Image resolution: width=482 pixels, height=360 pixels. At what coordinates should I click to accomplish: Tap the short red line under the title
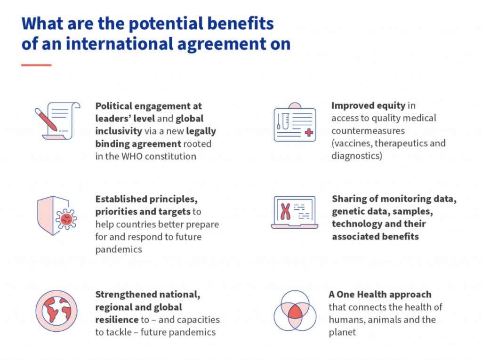(36, 65)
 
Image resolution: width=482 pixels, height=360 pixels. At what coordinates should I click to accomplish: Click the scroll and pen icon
(57, 121)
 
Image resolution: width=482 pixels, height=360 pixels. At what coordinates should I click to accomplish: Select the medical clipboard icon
(295, 122)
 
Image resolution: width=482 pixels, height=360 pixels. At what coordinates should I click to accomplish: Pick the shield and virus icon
(57, 216)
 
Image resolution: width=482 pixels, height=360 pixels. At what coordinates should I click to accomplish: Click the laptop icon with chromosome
(295, 212)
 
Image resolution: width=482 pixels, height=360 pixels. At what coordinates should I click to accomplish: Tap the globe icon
(56, 311)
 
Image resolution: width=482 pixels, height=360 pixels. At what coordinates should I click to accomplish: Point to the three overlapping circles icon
(295, 311)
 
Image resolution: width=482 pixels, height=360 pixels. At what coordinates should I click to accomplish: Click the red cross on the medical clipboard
(309, 133)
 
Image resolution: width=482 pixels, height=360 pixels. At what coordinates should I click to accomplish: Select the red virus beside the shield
(66, 219)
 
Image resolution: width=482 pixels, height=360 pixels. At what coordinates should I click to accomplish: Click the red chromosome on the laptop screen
(286, 211)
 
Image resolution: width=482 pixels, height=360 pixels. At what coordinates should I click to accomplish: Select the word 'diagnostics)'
(357, 156)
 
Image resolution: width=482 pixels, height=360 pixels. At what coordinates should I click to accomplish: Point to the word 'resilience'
(117, 320)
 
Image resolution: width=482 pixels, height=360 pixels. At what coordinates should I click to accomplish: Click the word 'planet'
(342, 333)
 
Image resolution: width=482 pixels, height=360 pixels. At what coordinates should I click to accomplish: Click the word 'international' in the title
(120, 44)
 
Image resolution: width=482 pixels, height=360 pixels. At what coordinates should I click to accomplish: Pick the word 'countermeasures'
(368, 131)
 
